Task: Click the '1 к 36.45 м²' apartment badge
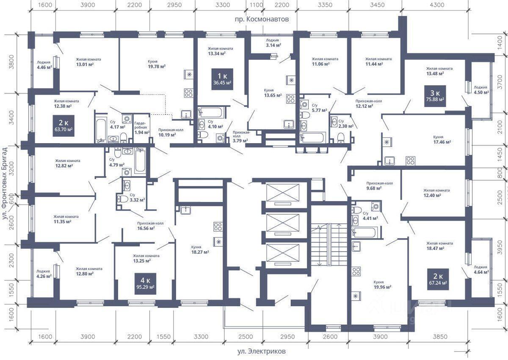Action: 222,79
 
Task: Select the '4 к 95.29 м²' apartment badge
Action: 145,284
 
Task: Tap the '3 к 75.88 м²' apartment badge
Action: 435,96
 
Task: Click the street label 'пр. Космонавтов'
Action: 262,19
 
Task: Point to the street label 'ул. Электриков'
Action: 262,352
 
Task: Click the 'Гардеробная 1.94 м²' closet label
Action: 142,128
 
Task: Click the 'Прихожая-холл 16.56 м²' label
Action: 150,226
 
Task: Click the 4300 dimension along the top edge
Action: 437,5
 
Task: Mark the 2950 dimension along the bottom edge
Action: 287,337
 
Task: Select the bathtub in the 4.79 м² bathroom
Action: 141,161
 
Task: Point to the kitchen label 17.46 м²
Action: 442,140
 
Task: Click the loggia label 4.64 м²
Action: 481,269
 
